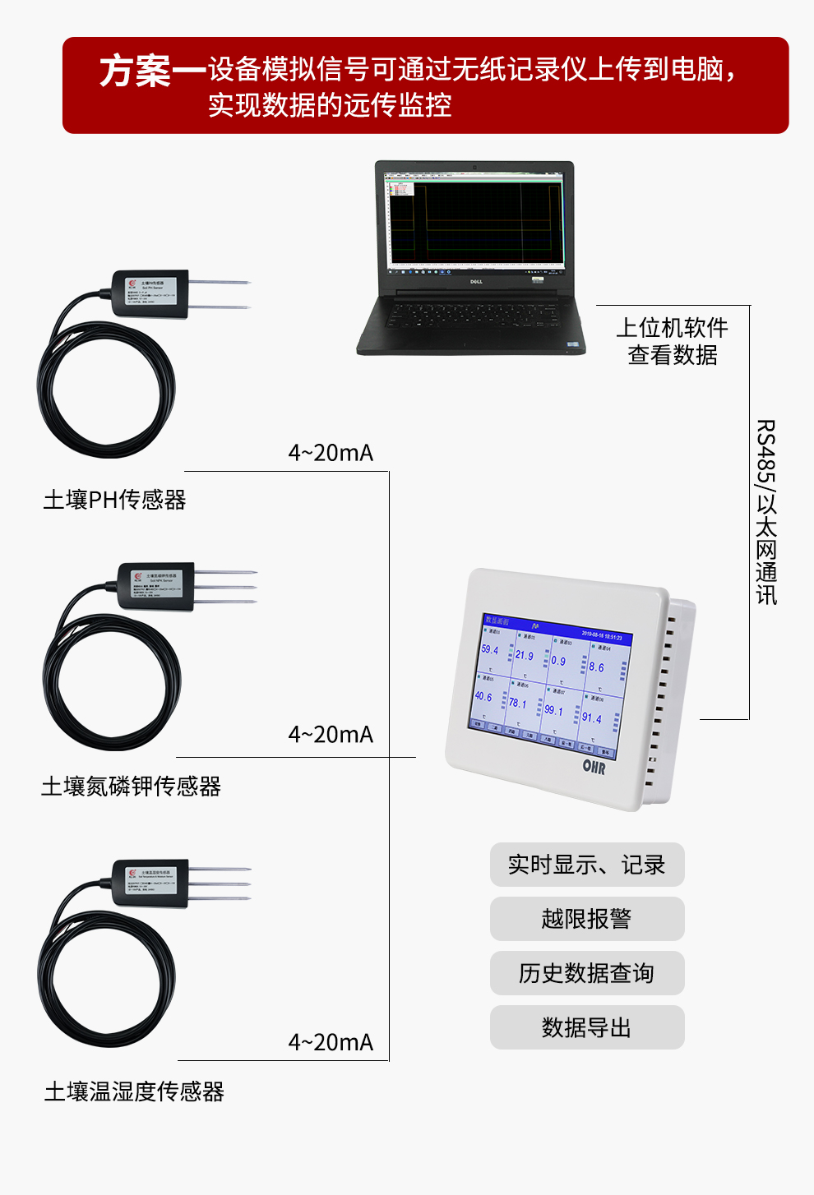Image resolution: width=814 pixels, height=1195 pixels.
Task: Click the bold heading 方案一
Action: click(x=152, y=72)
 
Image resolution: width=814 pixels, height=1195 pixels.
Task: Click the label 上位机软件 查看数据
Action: click(x=672, y=341)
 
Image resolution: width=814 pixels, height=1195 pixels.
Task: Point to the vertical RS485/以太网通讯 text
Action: click(x=765, y=512)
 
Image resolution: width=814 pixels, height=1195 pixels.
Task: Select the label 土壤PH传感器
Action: click(x=114, y=500)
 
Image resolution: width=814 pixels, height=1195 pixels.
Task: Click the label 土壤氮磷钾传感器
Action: click(x=131, y=787)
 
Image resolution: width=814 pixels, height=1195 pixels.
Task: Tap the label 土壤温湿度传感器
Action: click(x=134, y=1091)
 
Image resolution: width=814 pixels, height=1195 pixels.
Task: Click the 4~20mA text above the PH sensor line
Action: click(x=331, y=453)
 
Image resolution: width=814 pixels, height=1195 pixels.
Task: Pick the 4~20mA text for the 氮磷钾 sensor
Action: click(x=331, y=735)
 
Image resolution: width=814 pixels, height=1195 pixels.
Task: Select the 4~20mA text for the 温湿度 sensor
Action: click(x=331, y=1042)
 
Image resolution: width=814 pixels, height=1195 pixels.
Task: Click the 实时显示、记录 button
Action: click(x=586, y=865)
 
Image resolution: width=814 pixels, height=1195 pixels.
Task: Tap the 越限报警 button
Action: click(x=586, y=919)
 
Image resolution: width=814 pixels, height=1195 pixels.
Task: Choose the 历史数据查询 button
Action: click(x=586, y=973)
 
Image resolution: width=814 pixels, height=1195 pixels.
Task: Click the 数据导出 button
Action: click(x=586, y=1027)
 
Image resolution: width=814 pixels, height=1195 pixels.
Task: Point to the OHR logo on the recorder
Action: click(x=594, y=767)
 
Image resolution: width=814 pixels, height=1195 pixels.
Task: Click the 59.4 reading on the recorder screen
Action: click(x=490, y=649)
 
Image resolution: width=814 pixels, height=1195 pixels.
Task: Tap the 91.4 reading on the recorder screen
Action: click(x=591, y=718)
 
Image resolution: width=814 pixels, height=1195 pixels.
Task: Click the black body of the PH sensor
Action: click(x=150, y=293)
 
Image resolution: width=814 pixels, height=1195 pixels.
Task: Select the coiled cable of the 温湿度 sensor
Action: click(x=107, y=978)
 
